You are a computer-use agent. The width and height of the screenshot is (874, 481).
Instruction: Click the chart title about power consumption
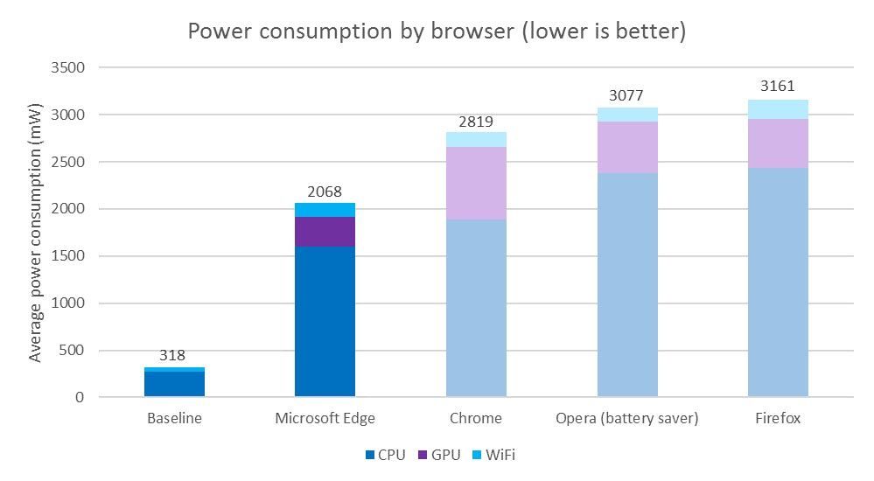(x=437, y=31)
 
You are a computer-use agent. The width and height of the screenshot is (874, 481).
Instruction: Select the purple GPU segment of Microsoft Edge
(x=325, y=232)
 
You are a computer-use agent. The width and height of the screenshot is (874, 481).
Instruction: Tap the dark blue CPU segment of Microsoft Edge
(x=325, y=321)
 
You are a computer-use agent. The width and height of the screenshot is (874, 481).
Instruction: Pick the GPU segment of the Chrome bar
(x=476, y=183)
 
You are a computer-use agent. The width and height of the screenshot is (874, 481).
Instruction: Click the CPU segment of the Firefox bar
(x=778, y=282)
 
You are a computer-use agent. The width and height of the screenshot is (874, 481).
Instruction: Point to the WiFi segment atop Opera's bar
(x=627, y=115)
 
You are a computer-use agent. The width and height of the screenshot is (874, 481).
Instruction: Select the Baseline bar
(x=174, y=383)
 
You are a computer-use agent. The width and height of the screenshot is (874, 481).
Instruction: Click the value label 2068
(x=325, y=192)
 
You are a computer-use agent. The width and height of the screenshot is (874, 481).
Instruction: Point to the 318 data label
(x=174, y=356)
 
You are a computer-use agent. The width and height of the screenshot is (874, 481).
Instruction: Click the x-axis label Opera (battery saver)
(x=627, y=418)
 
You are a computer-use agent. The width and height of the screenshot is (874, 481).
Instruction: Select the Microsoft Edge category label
(x=325, y=418)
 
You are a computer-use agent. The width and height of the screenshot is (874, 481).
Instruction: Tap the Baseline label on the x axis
(x=174, y=418)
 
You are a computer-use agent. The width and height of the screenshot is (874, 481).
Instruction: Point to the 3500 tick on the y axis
(x=67, y=67)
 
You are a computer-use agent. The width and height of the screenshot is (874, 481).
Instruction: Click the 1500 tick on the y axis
(x=67, y=256)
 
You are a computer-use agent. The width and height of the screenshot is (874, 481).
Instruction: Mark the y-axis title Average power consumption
(x=36, y=232)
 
